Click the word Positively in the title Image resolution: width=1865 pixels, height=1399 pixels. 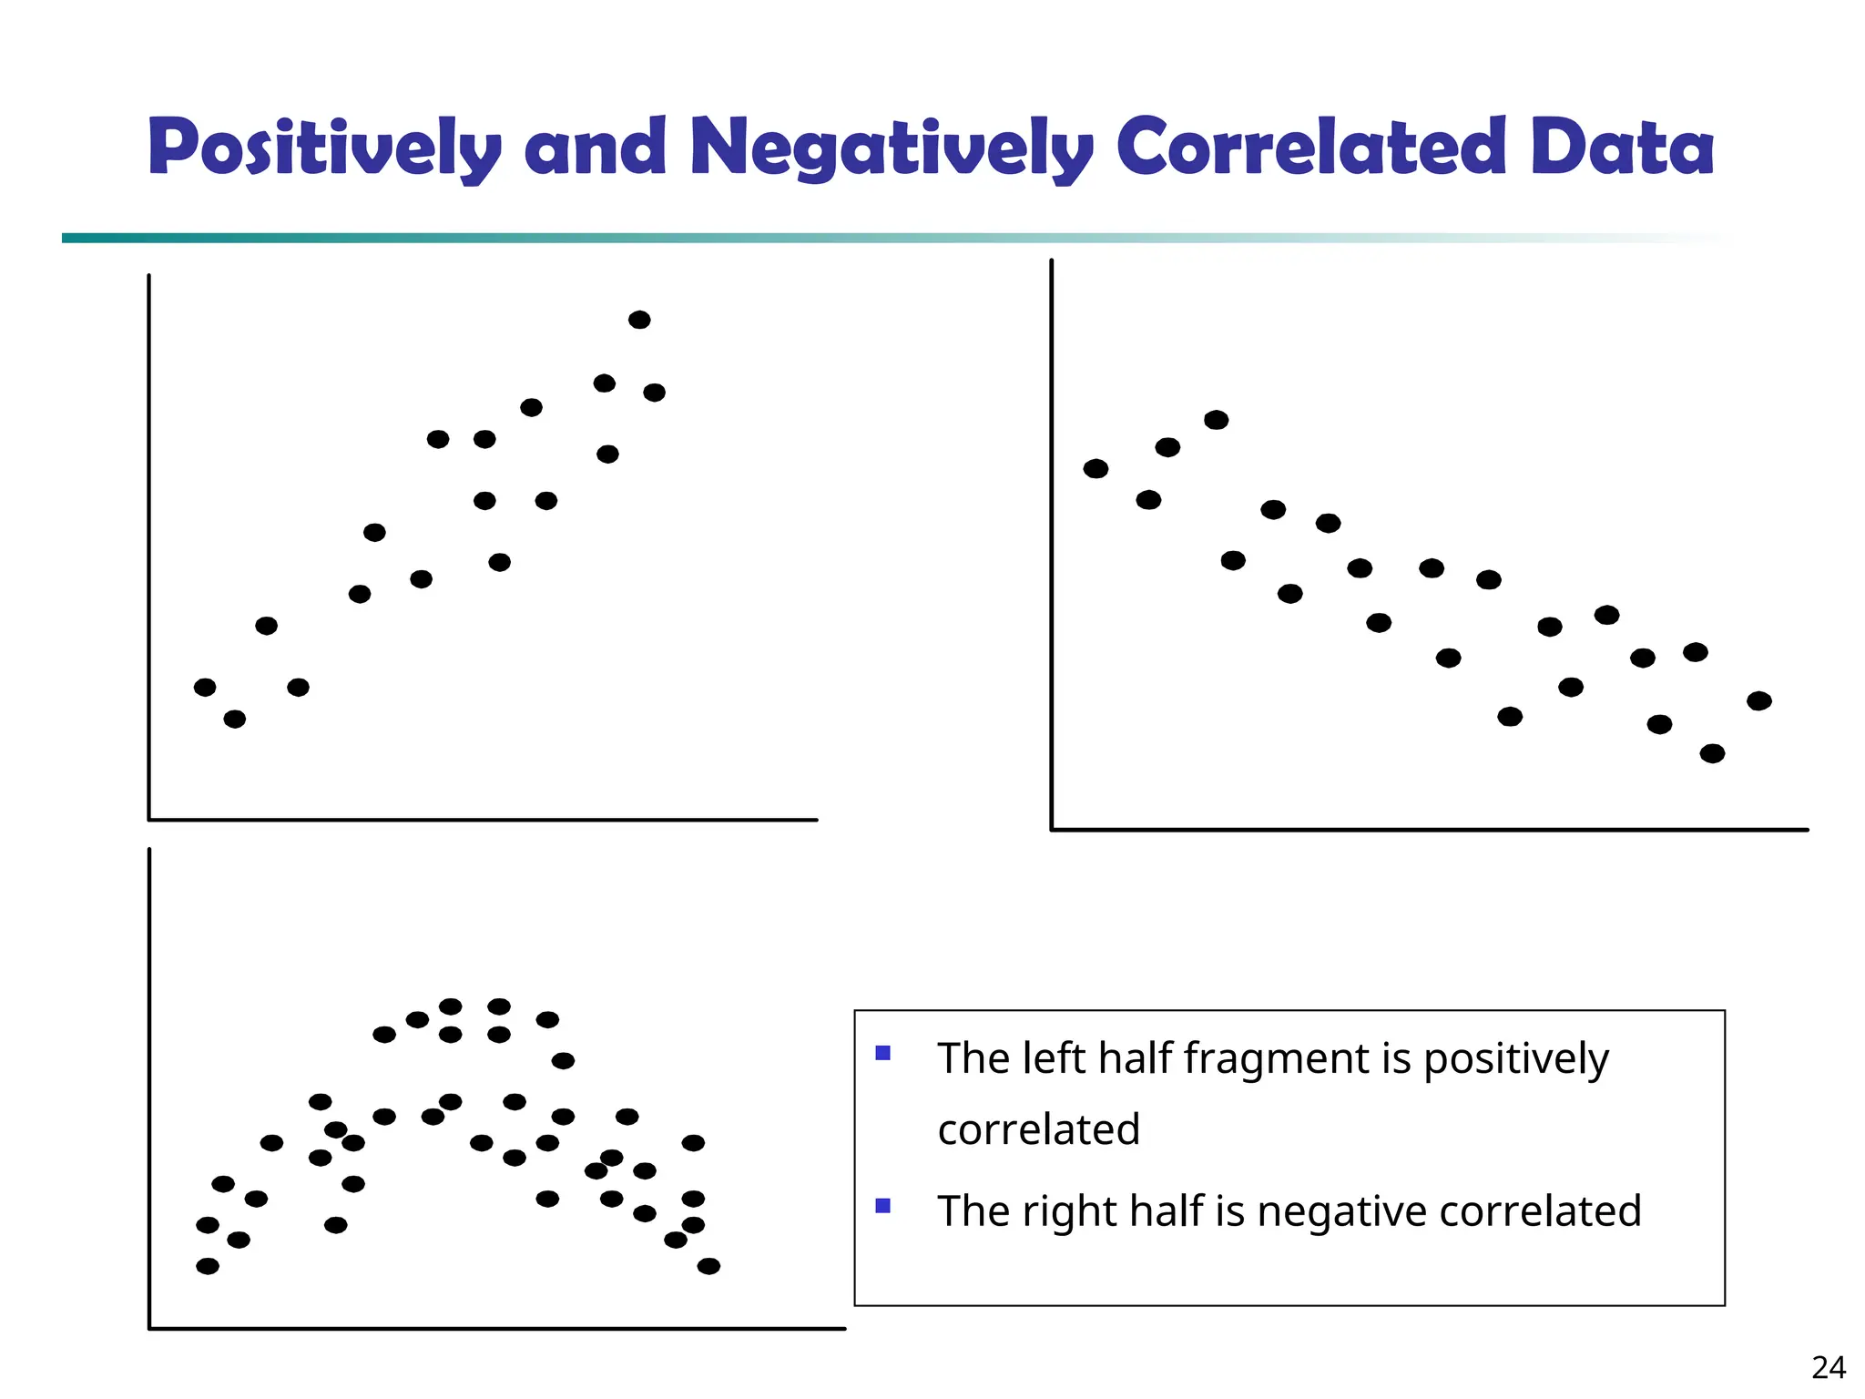click(x=324, y=148)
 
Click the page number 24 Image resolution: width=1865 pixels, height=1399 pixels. click(x=1828, y=1367)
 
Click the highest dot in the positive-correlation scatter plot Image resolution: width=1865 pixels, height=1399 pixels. click(x=639, y=320)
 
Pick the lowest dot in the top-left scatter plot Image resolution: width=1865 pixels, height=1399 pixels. click(x=234, y=720)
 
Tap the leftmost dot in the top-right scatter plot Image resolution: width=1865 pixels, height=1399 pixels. click(x=1096, y=469)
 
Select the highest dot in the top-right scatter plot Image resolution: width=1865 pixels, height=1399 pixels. click(x=1216, y=420)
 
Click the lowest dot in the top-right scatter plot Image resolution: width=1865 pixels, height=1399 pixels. click(x=1712, y=753)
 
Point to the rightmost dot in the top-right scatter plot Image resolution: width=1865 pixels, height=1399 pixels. click(x=1758, y=700)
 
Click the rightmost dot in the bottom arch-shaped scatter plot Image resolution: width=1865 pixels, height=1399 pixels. click(x=708, y=1266)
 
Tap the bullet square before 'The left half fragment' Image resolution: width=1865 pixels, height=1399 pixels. click(x=882, y=1054)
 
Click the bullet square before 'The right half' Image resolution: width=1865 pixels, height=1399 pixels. click(x=882, y=1206)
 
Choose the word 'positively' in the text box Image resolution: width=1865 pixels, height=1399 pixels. click(x=1515, y=1059)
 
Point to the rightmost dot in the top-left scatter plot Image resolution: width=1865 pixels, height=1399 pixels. click(x=654, y=393)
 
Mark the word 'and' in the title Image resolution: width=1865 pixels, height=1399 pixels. click(x=596, y=148)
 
